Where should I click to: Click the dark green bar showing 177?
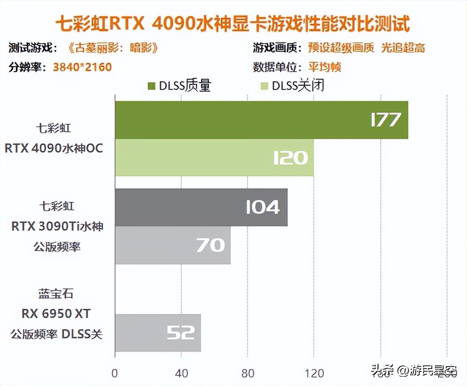(261, 120)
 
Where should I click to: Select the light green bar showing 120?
(214, 157)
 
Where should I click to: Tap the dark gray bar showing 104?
(201, 207)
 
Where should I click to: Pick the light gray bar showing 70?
(172, 245)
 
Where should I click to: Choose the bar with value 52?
(158, 333)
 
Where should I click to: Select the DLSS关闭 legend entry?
(293, 86)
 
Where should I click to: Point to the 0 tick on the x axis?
(115, 374)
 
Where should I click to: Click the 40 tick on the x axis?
(181, 374)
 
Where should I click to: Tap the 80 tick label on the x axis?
(248, 374)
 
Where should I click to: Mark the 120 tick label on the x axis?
(315, 374)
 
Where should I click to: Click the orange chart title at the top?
(233, 24)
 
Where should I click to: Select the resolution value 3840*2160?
(82, 67)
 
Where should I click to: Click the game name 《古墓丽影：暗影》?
(113, 48)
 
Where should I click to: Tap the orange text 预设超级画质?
(341, 48)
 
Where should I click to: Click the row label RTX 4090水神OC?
(54, 149)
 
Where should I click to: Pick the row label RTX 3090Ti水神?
(57, 227)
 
